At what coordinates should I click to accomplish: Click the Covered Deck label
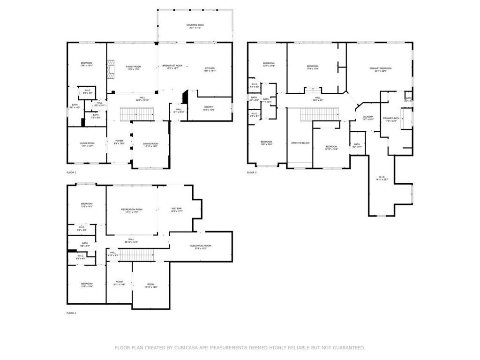(195, 25)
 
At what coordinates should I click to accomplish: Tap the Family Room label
(133, 67)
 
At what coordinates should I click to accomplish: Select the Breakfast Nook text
(172, 66)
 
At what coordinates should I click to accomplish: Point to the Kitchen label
(210, 69)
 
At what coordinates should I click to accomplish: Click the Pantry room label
(209, 107)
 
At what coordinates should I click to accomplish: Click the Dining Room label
(150, 144)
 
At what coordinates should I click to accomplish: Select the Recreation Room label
(132, 210)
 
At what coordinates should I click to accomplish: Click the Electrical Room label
(201, 246)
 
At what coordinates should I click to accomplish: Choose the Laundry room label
(368, 117)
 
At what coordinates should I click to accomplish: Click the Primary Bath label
(390, 119)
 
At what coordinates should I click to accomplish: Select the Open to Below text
(300, 143)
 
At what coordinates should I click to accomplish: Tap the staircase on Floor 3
(319, 114)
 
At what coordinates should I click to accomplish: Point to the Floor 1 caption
(71, 313)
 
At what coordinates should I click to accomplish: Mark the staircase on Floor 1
(137, 255)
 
